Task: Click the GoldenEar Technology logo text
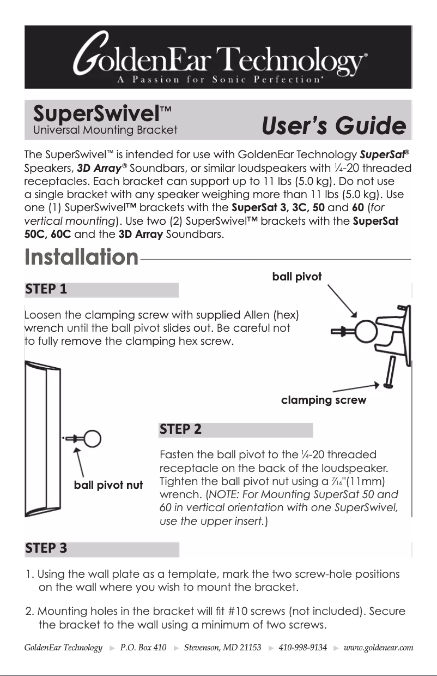tap(218, 53)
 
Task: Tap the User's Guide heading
tap(333, 127)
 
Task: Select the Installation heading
tap(82, 256)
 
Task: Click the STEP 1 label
tap(46, 290)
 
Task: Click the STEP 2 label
tap(180, 429)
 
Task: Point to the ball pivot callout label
tap(297, 277)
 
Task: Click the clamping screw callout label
tap(323, 400)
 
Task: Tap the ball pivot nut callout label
tap(108, 485)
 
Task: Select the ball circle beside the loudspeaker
tap(92, 438)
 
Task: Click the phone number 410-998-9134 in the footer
tap(302, 648)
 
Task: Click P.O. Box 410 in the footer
tap(143, 648)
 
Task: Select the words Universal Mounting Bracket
tap(105, 130)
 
